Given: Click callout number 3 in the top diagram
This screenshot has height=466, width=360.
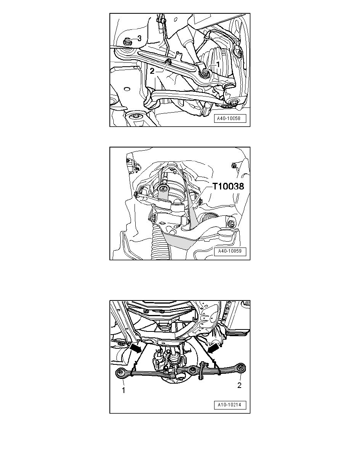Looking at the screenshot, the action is coord(139,38).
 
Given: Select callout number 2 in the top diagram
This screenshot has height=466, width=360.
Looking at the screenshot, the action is coord(152,71).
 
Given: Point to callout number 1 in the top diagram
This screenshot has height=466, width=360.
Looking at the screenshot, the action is coord(218,64).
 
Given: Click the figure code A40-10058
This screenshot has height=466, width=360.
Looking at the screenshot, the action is coord(228,118).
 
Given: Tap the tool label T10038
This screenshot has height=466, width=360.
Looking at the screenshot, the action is coord(228,186).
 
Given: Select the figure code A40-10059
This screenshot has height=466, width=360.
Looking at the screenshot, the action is coord(230,251).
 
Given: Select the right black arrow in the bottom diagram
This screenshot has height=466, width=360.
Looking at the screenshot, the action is coord(213,348).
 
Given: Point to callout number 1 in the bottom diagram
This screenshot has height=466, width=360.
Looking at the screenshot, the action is coord(123,390).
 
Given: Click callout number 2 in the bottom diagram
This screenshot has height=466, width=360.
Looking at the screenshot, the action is coord(239,386).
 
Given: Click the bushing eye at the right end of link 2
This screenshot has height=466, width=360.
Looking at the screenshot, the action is coord(242,368).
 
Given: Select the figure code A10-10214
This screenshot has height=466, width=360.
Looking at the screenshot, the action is coord(230,405).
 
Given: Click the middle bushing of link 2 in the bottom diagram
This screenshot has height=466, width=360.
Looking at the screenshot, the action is coord(193,370).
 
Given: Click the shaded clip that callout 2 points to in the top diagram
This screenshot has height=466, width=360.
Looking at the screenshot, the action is coord(168,62).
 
